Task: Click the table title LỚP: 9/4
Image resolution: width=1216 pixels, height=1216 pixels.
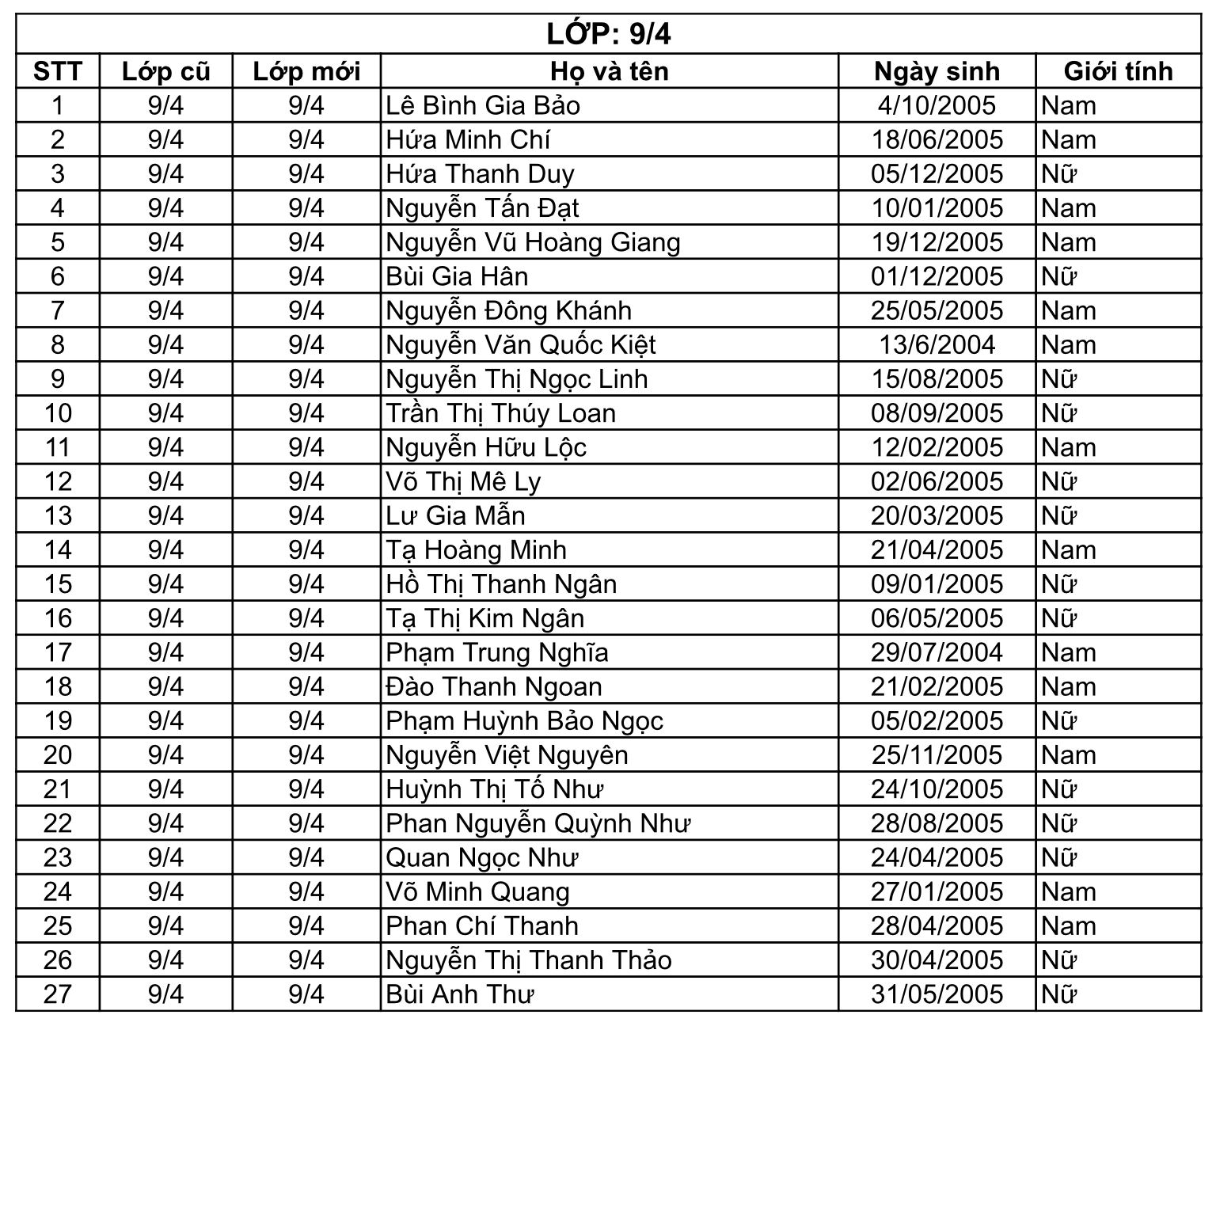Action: point(608,34)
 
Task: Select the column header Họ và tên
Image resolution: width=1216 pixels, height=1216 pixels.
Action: point(609,71)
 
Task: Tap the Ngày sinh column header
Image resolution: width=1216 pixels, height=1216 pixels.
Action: point(937,71)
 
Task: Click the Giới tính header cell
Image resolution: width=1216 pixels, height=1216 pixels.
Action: point(1118,71)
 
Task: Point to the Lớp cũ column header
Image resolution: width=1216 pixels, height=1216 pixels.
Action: point(165,71)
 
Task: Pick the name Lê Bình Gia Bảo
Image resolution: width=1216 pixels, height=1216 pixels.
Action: point(483,105)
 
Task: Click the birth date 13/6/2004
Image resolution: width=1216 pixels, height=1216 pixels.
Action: point(937,344)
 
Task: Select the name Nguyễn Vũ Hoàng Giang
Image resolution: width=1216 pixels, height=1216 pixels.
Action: point(533,242)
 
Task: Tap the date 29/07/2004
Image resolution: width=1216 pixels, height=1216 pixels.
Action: point(937,652)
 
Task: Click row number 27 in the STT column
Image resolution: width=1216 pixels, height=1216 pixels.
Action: point(58,994)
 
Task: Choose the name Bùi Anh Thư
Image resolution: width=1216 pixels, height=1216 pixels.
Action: point(459,994)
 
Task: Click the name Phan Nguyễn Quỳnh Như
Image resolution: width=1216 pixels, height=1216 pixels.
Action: point(538,823)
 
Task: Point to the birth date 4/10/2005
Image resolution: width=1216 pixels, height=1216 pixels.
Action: point(937,105)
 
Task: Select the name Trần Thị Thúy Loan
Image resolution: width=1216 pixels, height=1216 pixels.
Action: point(500,413)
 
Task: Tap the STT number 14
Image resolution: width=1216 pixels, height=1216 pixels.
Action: point(58,549)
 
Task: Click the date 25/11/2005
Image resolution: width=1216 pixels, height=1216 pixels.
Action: point(937,754)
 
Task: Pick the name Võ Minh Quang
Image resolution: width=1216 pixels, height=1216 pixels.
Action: point(477,891)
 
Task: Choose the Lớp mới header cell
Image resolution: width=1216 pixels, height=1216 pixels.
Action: point(306,71)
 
